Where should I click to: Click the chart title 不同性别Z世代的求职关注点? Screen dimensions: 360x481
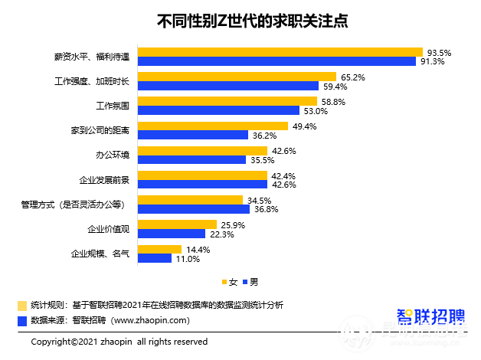(241, 21)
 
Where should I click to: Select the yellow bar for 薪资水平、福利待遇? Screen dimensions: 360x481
(280, 52)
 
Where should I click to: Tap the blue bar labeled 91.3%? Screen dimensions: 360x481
(276, 62)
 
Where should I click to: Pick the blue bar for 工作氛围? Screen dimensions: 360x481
(223, 110)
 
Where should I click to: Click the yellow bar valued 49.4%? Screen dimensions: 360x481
(212, 126)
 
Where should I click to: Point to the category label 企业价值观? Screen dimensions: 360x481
(109, 228)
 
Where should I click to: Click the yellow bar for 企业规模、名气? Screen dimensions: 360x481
(159, 249)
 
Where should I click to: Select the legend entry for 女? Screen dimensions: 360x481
(229, 282)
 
